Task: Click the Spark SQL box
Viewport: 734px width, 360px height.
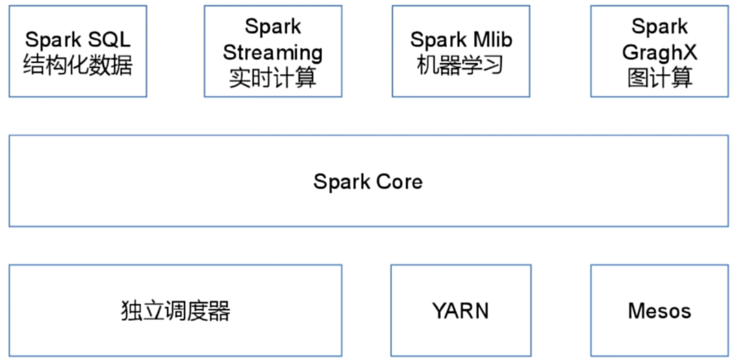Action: click(x=77, y=51)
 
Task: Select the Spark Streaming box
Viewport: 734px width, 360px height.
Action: click(x=273, y=51)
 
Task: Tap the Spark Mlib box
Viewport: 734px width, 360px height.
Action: click(x=461, y=51)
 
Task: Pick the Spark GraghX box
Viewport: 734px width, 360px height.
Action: click(x=659, y=51)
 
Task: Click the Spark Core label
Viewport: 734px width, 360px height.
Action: click(x=368, y=181)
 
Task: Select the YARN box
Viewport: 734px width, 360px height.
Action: click(x=461, y=311)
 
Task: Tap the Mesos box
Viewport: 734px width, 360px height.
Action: click(x=659, y=311)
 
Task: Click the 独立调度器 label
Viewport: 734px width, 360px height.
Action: click(x=175, y=311)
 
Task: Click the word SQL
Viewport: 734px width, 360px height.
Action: click(x=108, y=40)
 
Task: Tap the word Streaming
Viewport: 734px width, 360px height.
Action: click(x=273, y=52)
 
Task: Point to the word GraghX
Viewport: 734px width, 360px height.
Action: click(x=659, y=52)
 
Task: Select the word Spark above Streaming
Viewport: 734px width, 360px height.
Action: click(x=273, y=27)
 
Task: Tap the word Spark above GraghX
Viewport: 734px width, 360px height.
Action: click(x=659, y=27)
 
